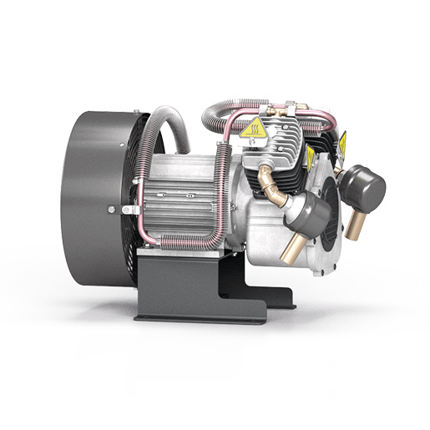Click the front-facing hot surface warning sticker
pyautogui.click(x=254, y=129)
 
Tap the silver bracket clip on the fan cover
pyautogui.click(x=129, y=209)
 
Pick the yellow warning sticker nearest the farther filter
pyautogui.click(x=341, y=145)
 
